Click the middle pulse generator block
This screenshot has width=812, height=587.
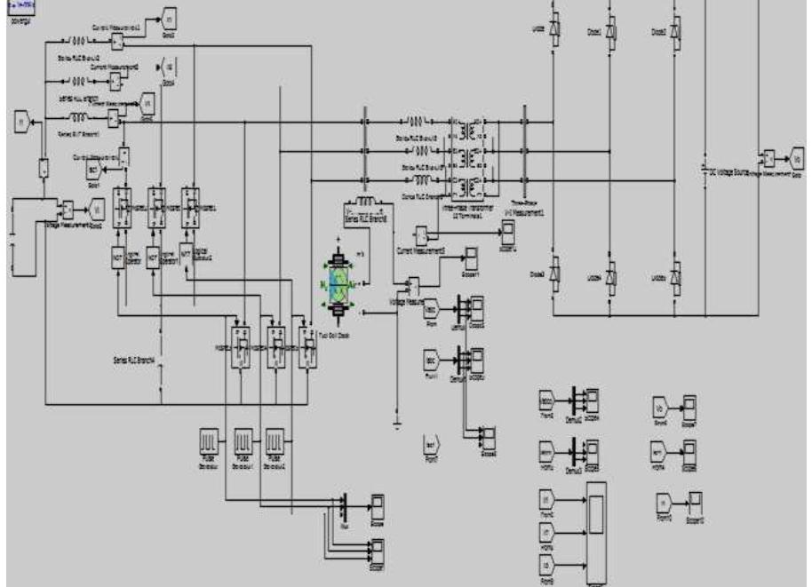(x=243, y=441)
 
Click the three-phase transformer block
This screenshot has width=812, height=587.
(x=465, y=156)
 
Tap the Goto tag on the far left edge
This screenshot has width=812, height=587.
(x=21, y=121)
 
